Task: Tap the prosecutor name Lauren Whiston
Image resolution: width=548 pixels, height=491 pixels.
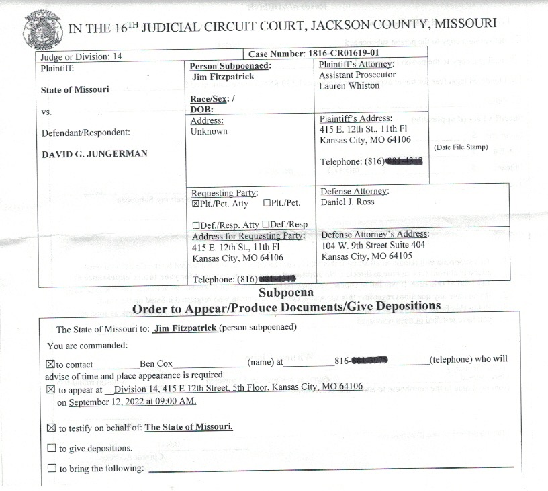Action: click(349, 86)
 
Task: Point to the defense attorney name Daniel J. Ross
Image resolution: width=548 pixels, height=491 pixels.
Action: click(348, 202)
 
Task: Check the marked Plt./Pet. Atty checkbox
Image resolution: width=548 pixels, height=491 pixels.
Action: click(196, 203)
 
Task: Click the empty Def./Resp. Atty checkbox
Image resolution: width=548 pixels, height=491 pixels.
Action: click(195, 225)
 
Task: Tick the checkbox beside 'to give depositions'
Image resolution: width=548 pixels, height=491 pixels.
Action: click(52, 448)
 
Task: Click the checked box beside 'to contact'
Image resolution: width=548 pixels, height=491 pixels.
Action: click(52, 364)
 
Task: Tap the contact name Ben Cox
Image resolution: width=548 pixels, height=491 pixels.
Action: click(156, 363)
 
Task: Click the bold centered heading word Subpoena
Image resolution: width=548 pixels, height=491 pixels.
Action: click(286, 293)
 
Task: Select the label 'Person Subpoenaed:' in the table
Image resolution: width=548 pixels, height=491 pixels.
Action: click(230, 67)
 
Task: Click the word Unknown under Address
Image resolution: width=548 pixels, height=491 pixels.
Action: click(209, 132)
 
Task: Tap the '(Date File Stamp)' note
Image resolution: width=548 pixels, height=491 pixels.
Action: click(461, 147)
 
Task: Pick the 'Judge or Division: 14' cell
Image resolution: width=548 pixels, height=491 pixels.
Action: click(81, 57)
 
